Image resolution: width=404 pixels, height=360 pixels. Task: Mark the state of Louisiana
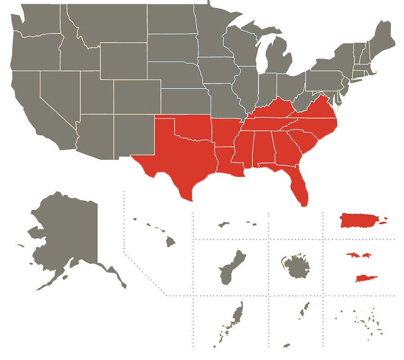(227, 159)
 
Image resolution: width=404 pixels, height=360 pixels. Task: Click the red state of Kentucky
(269, 110)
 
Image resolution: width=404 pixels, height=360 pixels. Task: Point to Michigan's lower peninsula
(274, 61)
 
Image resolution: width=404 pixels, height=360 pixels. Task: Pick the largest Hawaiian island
(170, 242)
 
